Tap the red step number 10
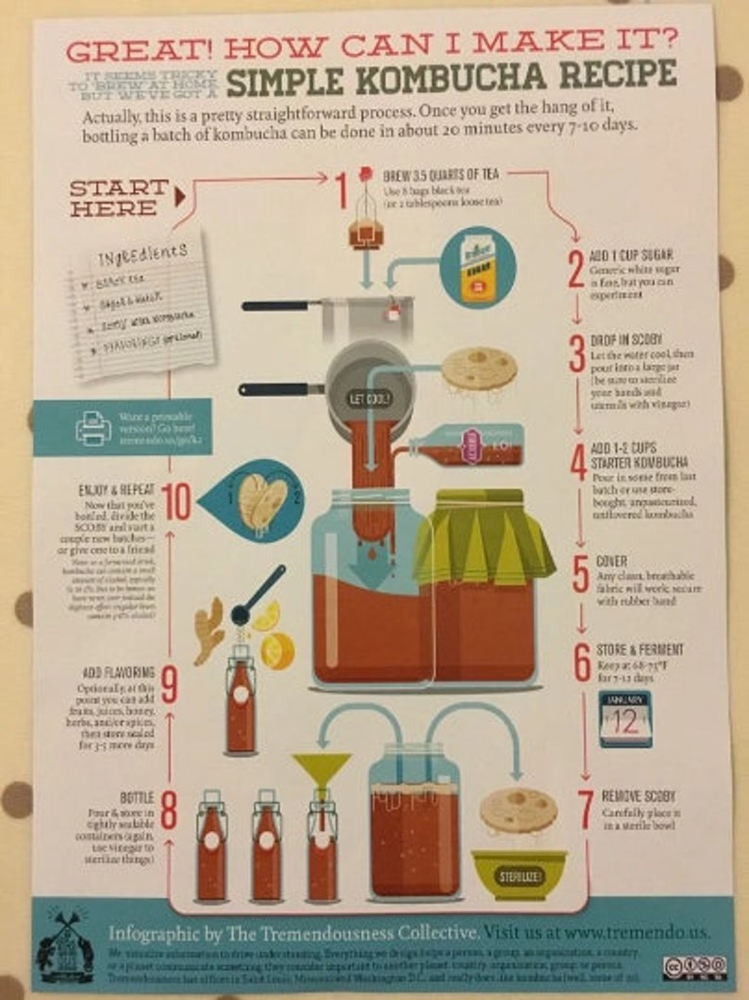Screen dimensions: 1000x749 pyautogui.click(x=175, y=502)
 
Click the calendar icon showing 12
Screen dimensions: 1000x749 pyautogui.click(x=624, y=718)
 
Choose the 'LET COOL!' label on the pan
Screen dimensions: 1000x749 pyautogui.click(x=369, y=399)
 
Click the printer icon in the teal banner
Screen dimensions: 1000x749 pyautogui.click(x=93, y=427)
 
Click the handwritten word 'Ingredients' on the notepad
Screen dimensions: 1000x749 pyautogui.click(x=141, y=255)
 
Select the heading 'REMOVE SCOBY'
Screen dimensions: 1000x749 pyautogui.click(x=638, y=796)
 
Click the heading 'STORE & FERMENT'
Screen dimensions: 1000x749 pyautogui.click(x=640, y=650)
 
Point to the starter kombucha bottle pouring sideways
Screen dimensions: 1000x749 pyautogui.click(x=467, y=445)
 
